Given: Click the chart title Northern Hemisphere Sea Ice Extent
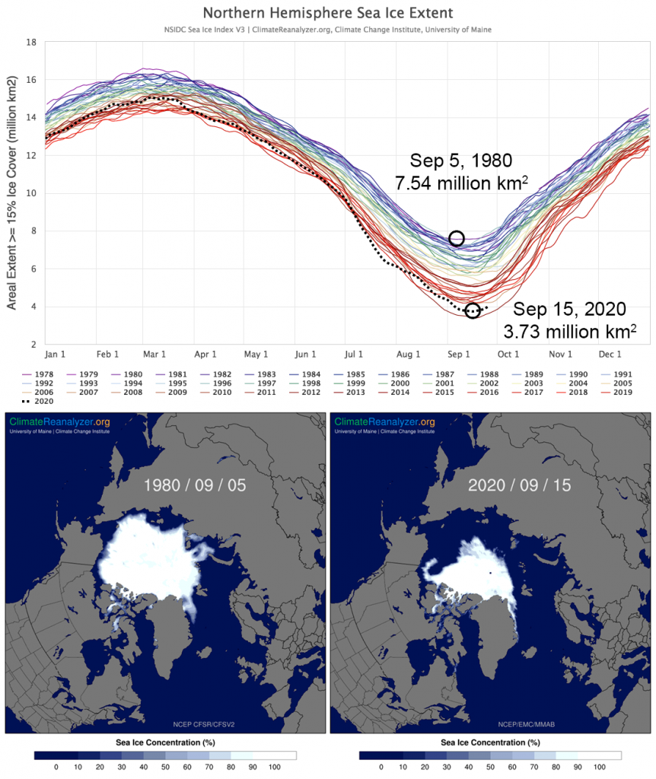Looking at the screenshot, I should point(328,13).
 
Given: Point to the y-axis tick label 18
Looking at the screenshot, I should point(32,42).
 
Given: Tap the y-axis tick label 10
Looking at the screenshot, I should point(32,193).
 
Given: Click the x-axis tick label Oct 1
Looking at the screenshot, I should point(508,355).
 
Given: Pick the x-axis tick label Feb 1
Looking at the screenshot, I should point(108,355).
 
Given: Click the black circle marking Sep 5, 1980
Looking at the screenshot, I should point(457,238).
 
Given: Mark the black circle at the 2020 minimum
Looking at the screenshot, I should point(473,310).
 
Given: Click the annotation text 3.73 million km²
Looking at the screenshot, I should point(570,332).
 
